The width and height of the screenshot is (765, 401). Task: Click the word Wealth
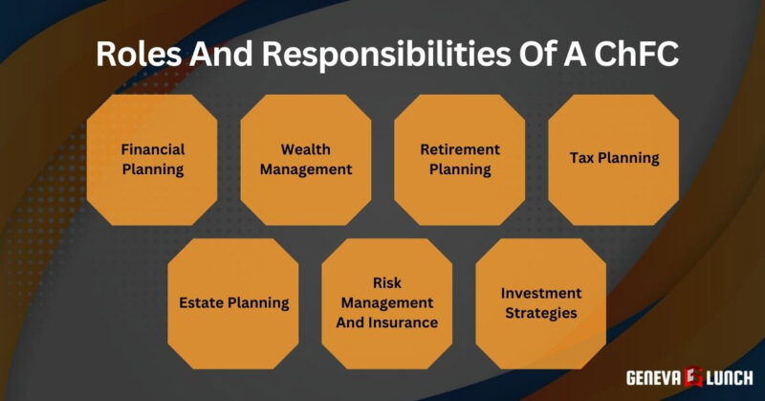[305, 150]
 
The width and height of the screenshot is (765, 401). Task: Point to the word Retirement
[460, 149]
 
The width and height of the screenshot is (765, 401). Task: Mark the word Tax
[583, 158]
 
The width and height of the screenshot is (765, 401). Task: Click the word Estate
[203, 302]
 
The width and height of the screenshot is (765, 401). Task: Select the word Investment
[540, 293]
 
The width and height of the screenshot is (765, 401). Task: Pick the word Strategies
[540, 313]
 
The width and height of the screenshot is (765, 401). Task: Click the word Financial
[152, 149]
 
